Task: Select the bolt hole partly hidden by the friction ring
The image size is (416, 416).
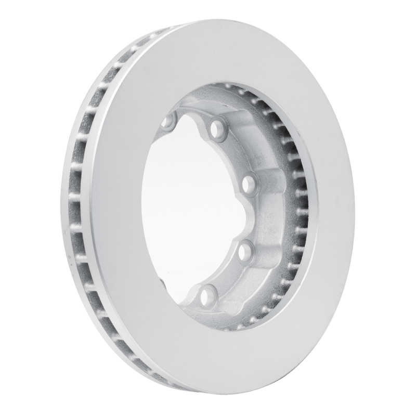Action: (169, 123)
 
